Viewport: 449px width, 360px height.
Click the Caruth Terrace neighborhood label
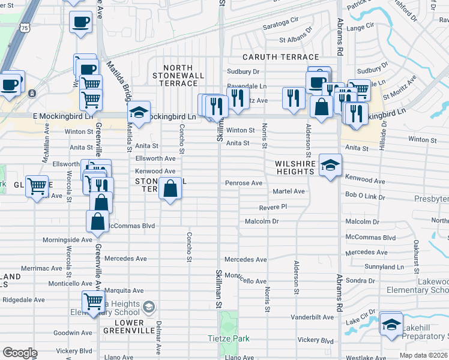[x=276, y=56]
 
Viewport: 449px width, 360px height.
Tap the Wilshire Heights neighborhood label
[x=295, y=167]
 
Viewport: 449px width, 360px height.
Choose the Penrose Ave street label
[x=244, y=182]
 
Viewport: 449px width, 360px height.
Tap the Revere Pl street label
[x=274, y=207]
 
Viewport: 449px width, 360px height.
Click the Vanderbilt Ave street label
[x=312, y=317]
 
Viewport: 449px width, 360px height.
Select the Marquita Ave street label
[x=124, y=290]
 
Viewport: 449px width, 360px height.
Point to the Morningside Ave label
[x=68, y=240]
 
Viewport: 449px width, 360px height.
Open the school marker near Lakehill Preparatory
[x=391, y=324]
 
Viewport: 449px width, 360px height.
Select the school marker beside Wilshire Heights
[x=330, y=163]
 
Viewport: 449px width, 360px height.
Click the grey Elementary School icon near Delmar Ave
[x=148, y=308]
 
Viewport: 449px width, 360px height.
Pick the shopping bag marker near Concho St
[x=171, y=188]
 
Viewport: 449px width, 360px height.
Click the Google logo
[x=20, y=353]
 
